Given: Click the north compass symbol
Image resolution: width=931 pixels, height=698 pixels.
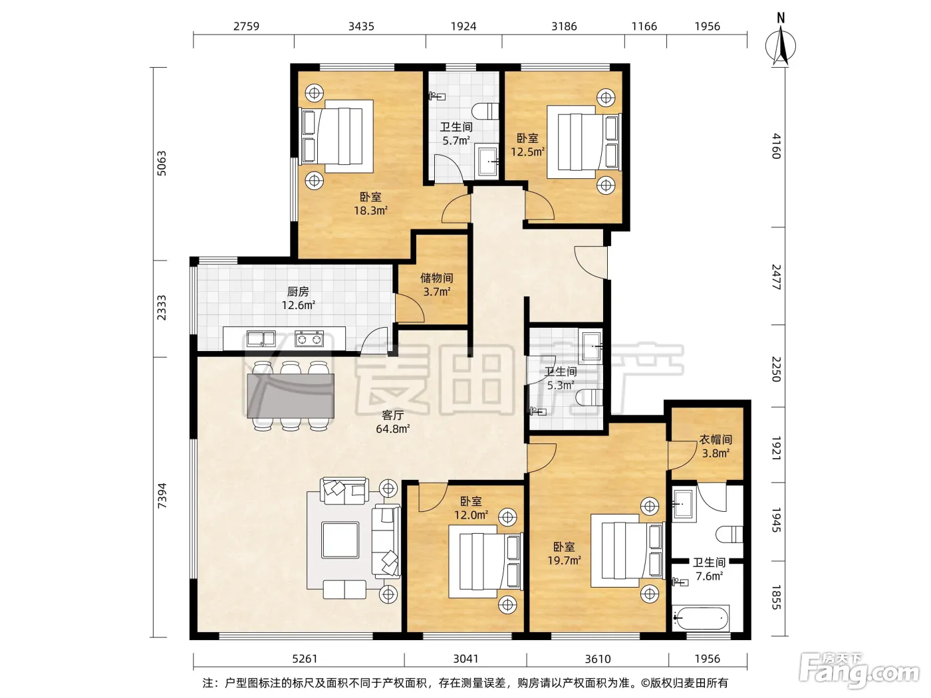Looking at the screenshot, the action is [x=781, y=43].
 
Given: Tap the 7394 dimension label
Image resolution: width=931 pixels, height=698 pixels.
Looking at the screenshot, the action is [x=162, y=496].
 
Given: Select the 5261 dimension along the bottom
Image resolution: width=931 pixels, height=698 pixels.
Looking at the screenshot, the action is [x=305, y=659].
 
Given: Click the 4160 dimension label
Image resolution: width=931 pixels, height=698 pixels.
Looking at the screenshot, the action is [x=776, y=146].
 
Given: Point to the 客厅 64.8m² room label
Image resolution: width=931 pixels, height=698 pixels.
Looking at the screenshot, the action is [x=393, y=421].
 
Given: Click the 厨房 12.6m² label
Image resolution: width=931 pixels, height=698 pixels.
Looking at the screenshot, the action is [x=298, y=298].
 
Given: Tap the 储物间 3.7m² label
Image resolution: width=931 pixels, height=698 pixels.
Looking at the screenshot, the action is [x=437, y=285].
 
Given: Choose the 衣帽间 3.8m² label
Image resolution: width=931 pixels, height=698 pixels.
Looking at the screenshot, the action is [x=716, y=446].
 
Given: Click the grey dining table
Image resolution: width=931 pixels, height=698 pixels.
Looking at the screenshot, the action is [x=291, y=396].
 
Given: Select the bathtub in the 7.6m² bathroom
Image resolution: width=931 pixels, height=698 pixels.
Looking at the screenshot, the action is [x=701, y=618].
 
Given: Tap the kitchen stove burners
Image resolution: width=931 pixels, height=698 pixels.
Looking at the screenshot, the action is [x=309, y=339].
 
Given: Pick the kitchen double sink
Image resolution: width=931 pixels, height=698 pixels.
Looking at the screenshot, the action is [x=261, y=339].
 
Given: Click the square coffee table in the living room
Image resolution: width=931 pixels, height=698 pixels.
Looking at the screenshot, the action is [x=340, y=540].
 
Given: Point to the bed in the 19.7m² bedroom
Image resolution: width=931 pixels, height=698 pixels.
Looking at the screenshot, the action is [x=628, y=550].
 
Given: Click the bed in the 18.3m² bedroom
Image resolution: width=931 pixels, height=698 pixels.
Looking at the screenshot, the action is [x=336, y=136].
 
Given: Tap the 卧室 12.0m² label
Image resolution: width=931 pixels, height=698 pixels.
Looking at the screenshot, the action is [x=471, y=508].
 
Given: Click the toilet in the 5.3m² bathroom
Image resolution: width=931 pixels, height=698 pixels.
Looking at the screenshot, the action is [x=590, y=397].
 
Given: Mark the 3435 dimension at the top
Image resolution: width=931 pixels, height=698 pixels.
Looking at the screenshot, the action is [x=361, y=27].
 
